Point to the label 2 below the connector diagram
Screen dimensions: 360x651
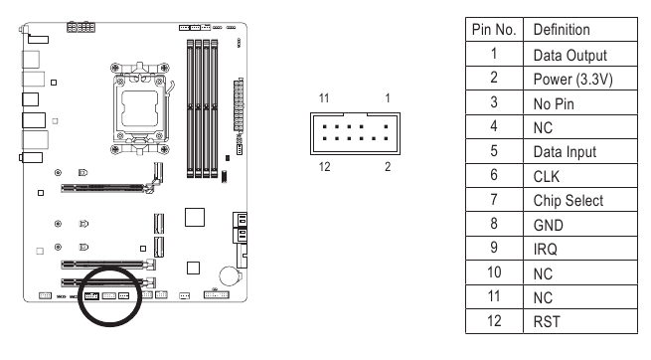click(x=386, y=165)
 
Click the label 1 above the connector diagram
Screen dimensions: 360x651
click(x=386, y=99)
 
